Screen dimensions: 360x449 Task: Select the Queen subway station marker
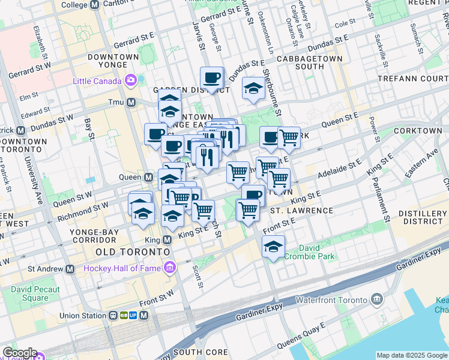tap(148, 177)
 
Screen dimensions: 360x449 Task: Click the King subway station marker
tap(166, 239)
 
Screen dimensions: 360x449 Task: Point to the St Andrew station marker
tap(70, 268)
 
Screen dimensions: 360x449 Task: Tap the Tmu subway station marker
tap(130, 103)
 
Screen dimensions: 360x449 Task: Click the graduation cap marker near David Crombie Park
tap(273, 247)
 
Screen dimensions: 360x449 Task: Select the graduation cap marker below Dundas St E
tap(253, 89)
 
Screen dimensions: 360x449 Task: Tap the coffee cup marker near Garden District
tap(212, 77)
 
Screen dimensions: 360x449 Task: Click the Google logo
tap(19, 353)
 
